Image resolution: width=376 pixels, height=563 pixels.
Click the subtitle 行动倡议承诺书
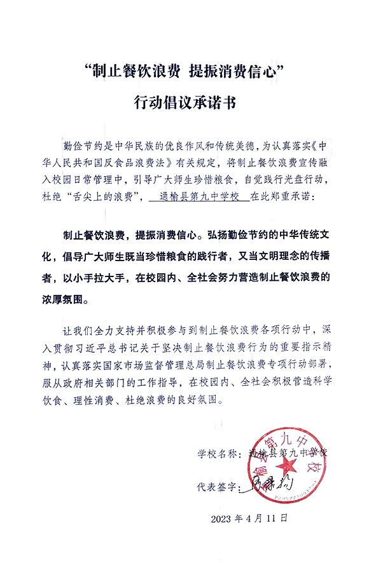(188, 102)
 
